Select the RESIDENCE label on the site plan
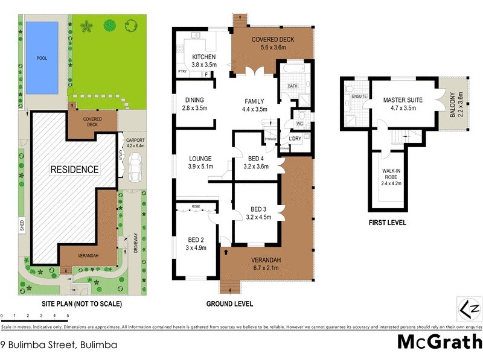pos(74,170)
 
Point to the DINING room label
pos(194,100)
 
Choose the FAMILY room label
pos(254,101)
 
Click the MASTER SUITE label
pos(402,100)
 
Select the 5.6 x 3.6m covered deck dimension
pos(273,48)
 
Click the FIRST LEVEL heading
pos(387,223)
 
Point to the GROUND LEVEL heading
pos(229,303)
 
